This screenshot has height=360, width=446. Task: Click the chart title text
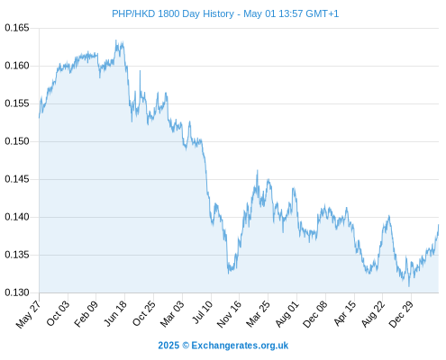point(225,13)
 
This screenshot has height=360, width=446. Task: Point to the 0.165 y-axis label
point(17,28)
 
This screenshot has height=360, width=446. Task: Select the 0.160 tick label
point(17,66)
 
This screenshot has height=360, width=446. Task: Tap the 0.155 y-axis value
point(17,103)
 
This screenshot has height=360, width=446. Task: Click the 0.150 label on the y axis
point(17,141)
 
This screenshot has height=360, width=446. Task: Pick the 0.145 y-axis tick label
point(17,179)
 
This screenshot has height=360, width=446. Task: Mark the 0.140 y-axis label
point(17,217)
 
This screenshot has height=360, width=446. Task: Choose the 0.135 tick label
point(17,255)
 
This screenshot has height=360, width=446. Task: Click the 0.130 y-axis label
point(17,292)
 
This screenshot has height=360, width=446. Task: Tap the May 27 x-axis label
point(28,314)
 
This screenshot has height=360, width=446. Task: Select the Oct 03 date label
point(58,313)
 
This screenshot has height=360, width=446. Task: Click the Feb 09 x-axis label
point(86,313)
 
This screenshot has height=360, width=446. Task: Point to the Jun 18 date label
point(114,313)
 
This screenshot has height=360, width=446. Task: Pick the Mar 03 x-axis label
point(171,314)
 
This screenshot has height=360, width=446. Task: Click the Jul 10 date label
point(202,312)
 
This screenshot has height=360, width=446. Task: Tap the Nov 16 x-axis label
point(229,314)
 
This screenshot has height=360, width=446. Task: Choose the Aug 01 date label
point(287,314)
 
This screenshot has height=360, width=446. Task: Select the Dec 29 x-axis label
point(401,314)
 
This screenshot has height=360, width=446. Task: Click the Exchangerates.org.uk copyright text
point(223,346)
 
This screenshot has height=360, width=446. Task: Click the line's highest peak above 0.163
point(116,40)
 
